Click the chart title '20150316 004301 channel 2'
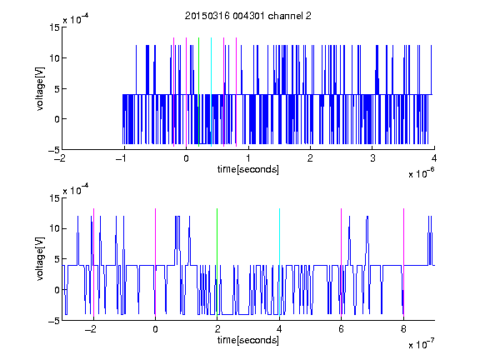pyautogui.click(x=248, y=16)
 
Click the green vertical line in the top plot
pyautogui.click(x=198, y=92)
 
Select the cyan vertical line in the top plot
pyautogui.click(x=211, y=92)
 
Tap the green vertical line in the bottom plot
pyautogui.click(x=217, y=262)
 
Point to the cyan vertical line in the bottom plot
pyautogui.click(x=279, y=262)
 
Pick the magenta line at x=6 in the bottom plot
pyautogui.click(x=342, y=262)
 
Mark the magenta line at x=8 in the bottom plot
pyautogui.click(x=404, y=262)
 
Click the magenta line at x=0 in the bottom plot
pyautogui.click(x=155, y=262)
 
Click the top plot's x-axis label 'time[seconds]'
pyautogui.click(x=248, y=169)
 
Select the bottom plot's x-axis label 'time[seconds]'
pyautogui.click(x=248, y=340)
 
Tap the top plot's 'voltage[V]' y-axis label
pyautogui.click(x=40, y=89)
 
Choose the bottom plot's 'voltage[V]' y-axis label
pyautogui.click(x=40, y=259)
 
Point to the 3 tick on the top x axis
pyautogui.click(x=372, y=158)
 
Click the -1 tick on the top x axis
pyautogui.click(x=122, y=158)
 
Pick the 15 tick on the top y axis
pyautogui.click(x=54, y=27)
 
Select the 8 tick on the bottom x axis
pyautogui.click(x=403, y=329)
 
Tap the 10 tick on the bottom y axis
pyautogui.click(x=54, y=228)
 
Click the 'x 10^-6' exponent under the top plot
pyautogui.click(x=422, y=172)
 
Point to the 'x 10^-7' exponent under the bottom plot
pyautogui.click(x=422, y=343)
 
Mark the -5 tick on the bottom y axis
pyautogui.click(x=54, y=321)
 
